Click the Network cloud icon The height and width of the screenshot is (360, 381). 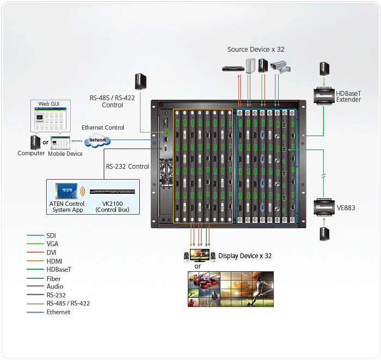click(98, 141)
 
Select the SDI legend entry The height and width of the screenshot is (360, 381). click(51, 236)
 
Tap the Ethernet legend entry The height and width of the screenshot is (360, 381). click(58, 312)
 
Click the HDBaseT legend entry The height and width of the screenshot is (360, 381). click(59, 270)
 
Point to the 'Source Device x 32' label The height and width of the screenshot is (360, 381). click(256, 50)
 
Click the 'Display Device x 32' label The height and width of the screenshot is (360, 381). click(244, 256)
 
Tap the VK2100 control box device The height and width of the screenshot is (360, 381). click(112, 191)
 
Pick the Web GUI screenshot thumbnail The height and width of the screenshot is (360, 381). click(51, 119)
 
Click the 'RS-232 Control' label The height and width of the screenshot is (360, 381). click(127, 167)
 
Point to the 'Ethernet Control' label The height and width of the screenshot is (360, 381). click(103, 127)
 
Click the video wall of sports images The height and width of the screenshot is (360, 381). click(230, 290)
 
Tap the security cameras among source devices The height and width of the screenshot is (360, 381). click(280, 66)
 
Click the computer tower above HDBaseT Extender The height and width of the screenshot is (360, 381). click(324, 69)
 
